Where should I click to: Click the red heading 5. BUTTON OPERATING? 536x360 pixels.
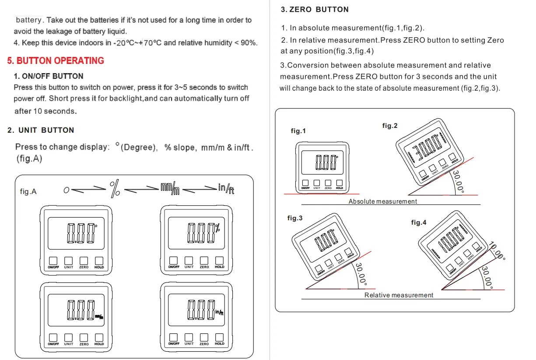click(56, 60)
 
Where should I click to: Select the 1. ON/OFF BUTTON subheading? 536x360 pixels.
click(49, 76)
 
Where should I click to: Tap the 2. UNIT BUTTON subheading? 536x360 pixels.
click(41, 130)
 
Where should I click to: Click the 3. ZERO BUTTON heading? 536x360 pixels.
click(315, 9)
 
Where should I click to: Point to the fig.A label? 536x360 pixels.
click(28, 191)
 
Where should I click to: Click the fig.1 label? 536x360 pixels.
click(298, 131)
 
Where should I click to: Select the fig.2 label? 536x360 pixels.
click(390, 126)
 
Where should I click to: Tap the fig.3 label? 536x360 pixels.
click(295, 218)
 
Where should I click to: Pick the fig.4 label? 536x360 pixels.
click(419, 222)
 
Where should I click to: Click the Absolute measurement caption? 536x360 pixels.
click(383, 201)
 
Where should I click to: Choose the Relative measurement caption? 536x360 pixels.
click(399, 295)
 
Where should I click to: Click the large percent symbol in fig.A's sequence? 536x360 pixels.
click(115, 188)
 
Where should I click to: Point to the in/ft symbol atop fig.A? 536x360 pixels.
click(226, 188)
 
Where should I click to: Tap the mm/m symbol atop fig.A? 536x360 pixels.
click(170, 188)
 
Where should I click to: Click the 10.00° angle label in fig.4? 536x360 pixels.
click(497, 252)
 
